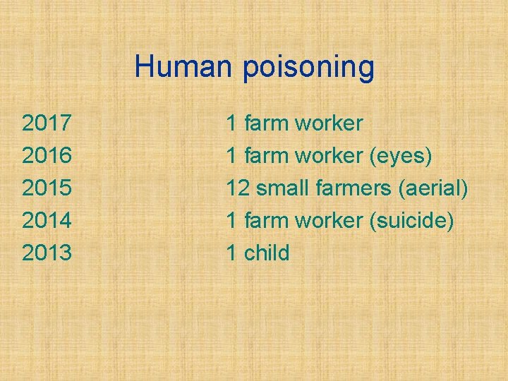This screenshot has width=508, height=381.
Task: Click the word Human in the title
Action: pyautogui.click(x=184, y=67)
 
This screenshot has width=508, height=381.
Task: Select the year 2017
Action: pyautogui.click(x=47, y=123)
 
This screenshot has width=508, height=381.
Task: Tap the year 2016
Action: pyautogui.click(x=47, y=156)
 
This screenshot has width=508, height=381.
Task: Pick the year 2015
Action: pyautogui.click(x=47, y=188)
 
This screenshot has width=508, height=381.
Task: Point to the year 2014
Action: pyautogui.click(x=47, y=221)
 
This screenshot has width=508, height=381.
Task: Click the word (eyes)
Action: pyautogui.click(x=400, y=156)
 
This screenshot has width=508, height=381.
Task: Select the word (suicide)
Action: pyautogui.click(x=411, y=221)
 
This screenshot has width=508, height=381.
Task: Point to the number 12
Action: pyautogui.click(x=237, y=188)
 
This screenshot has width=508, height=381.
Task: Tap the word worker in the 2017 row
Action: pyautogui.click(x=329, y=123)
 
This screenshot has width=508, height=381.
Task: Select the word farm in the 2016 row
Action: pyautogui.click(x=266, y=156)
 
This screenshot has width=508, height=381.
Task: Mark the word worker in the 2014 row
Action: pyautogui.click(x=329, y=221)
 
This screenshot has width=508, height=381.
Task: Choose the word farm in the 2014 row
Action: pyautogui.click(x=266, y=221)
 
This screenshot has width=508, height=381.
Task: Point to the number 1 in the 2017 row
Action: pyautogui.click(x=231, y=123)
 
